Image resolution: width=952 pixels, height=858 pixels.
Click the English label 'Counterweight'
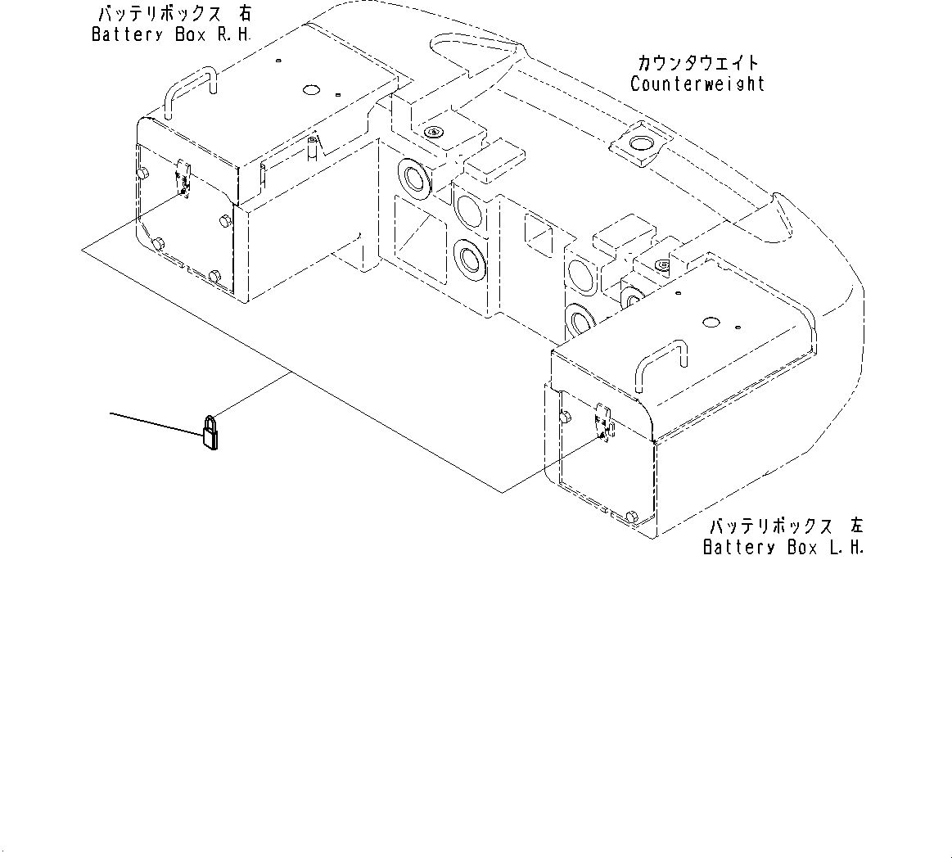point(697,84)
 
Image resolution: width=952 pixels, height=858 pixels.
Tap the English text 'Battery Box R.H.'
point(171,35)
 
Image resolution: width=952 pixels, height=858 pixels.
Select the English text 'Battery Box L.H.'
point(783,548)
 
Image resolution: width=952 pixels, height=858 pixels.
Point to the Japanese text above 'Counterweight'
point(697,63)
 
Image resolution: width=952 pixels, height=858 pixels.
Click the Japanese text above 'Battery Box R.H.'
point(171,15)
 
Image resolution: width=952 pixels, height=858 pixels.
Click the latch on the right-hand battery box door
point(184,178)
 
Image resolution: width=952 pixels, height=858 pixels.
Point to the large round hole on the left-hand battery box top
point(710,324)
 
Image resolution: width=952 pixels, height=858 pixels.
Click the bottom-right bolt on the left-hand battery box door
point(631,517)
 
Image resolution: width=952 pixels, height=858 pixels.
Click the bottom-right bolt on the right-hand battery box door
point(214,276)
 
